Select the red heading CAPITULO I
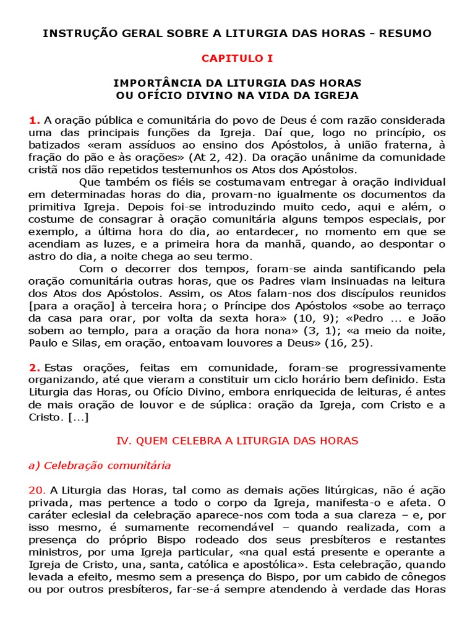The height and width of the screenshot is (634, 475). [237, 58]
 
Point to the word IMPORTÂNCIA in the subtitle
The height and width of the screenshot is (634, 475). [153, 83]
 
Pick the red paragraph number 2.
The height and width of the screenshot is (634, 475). [34, 368]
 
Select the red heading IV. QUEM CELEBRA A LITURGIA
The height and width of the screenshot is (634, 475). [237, 441]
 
